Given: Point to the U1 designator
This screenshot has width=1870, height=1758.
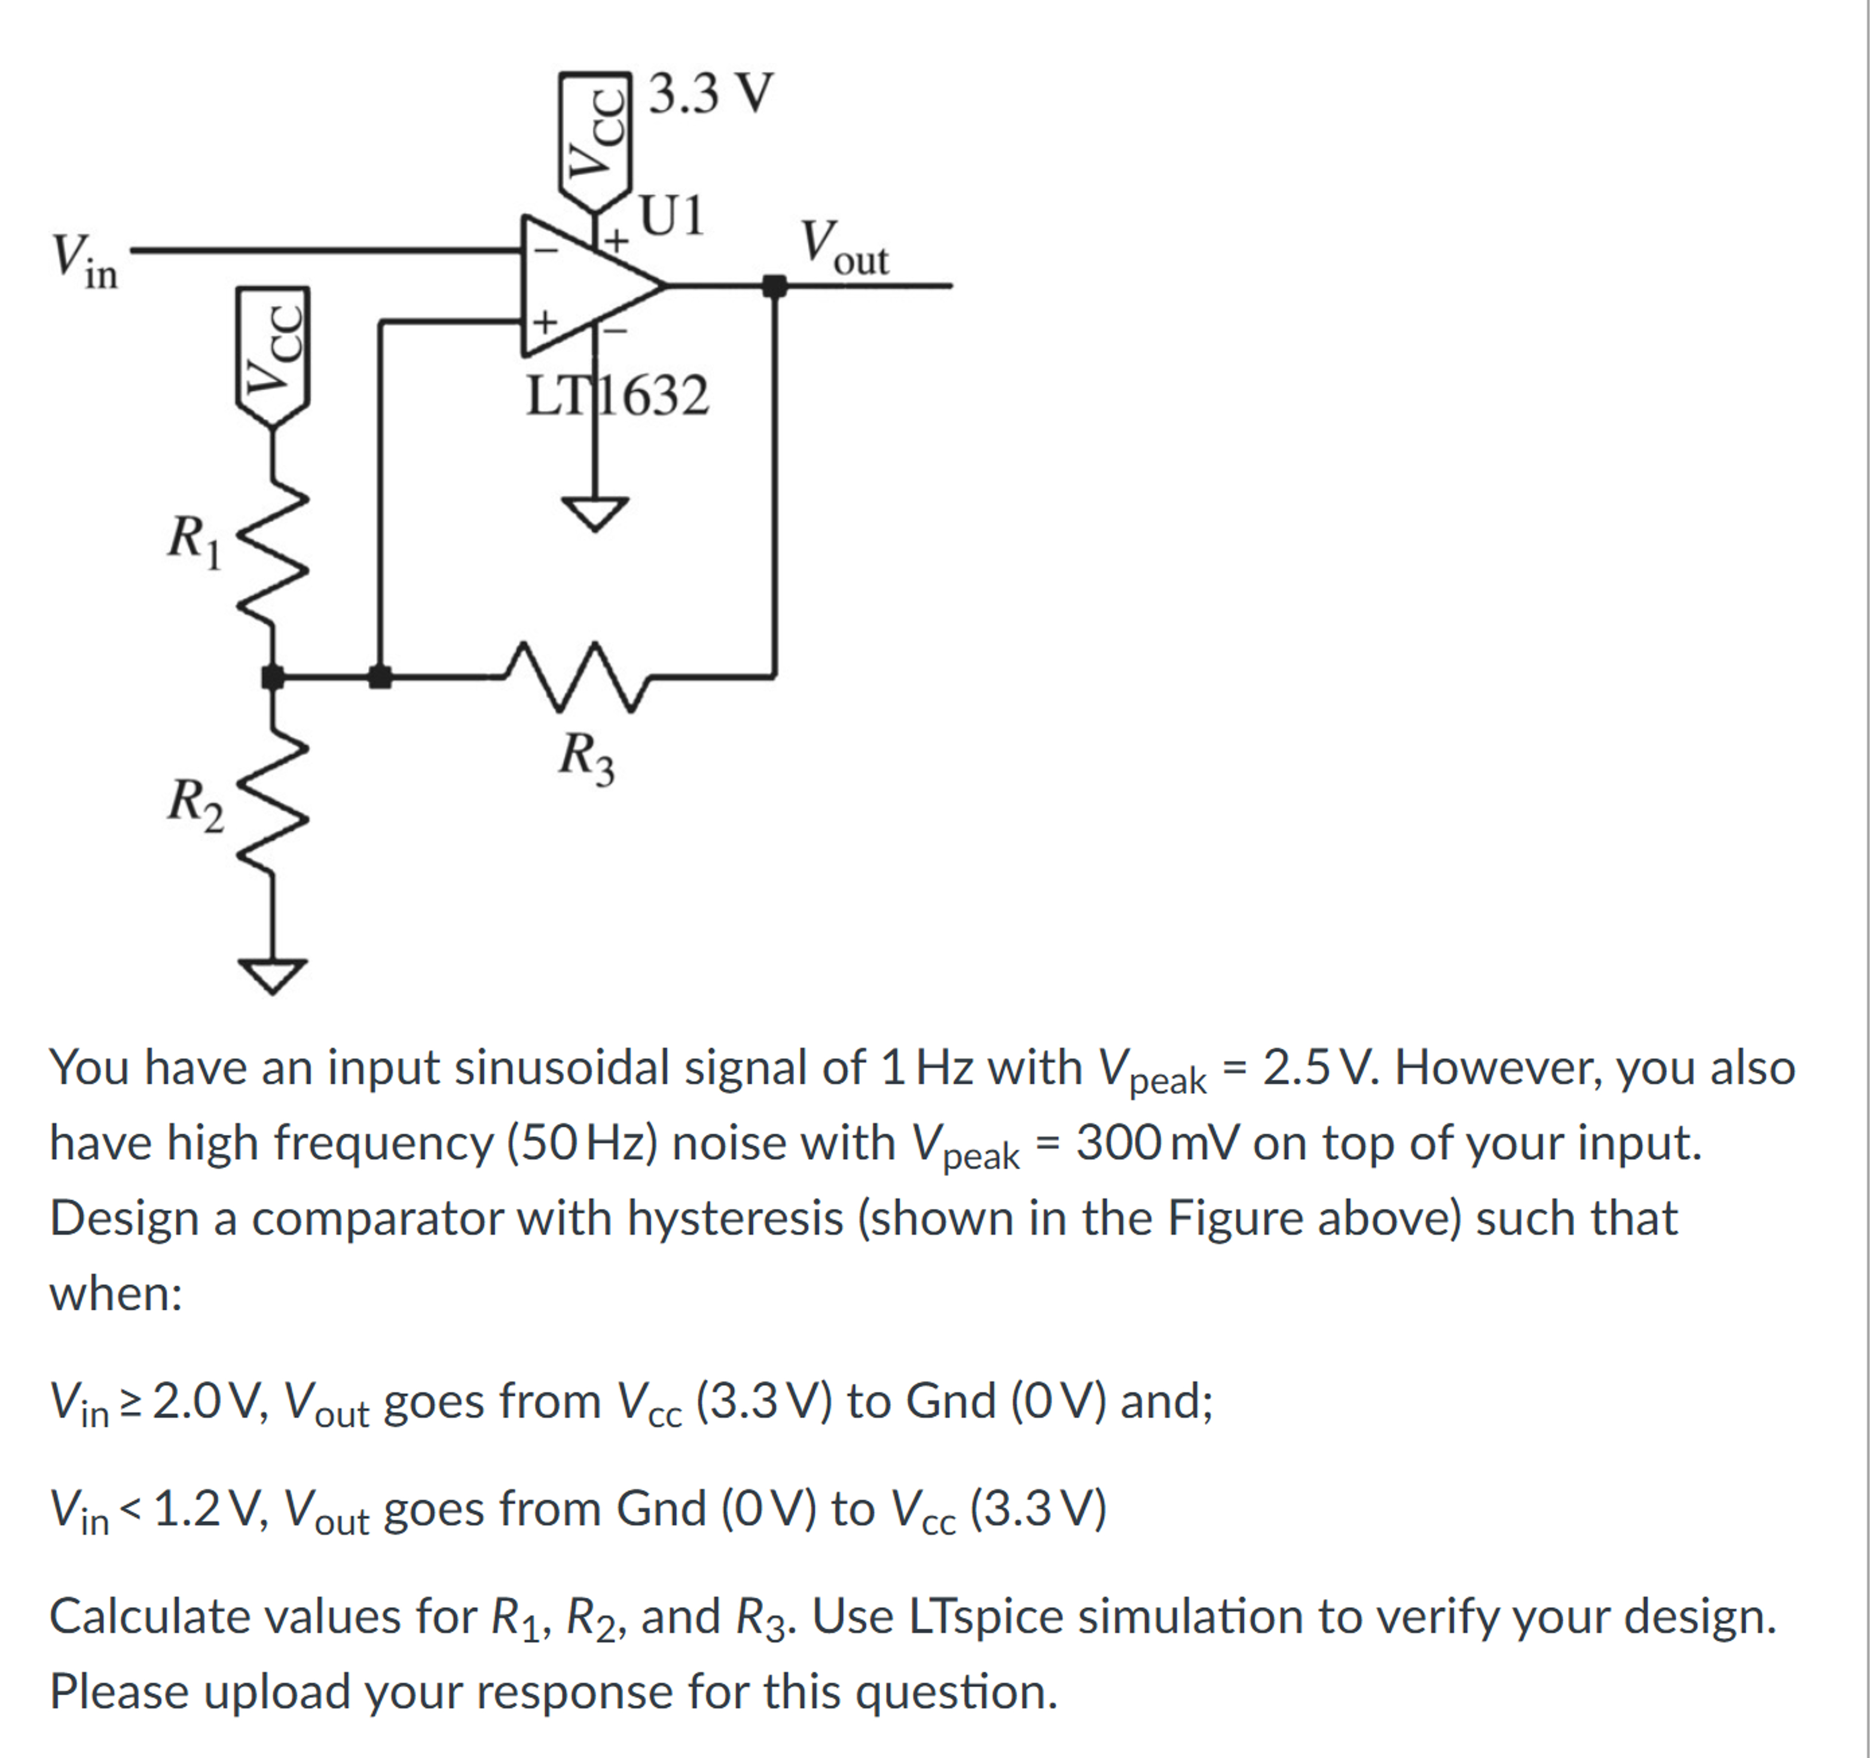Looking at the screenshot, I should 671,216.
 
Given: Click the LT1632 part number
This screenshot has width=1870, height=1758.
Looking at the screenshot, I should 616,396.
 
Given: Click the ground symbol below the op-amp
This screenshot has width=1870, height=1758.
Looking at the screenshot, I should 594,512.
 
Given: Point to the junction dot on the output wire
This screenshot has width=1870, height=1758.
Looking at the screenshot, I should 774,285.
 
